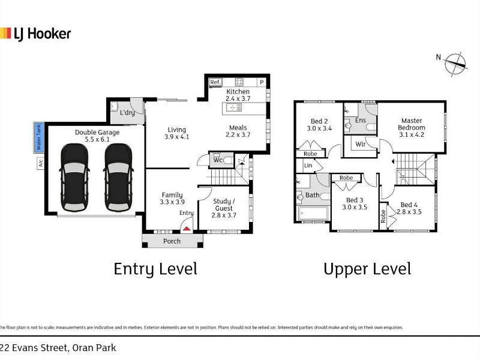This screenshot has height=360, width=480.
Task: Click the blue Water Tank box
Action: coord(39,137)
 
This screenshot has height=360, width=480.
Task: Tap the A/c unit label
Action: coord(40,163)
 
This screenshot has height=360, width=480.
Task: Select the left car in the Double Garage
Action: coord(74,178)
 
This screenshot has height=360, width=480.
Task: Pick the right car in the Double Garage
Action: coord(118,178)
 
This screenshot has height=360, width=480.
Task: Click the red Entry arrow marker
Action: coord(187,229)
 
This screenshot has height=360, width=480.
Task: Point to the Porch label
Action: coord(172,241)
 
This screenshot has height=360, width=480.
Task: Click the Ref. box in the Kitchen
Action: coord(215,82)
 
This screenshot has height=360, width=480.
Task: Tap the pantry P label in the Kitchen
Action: coord(262,82)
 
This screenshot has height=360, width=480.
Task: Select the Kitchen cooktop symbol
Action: coord(239,82)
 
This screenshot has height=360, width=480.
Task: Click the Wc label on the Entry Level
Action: coord(218,160)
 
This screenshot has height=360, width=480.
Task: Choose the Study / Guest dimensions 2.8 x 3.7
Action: coord(224,215)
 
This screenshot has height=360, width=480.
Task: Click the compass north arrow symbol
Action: coord(456,64)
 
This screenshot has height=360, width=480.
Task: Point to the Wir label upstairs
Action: coord(361,144)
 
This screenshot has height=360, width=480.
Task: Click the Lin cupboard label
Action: coord(308,166)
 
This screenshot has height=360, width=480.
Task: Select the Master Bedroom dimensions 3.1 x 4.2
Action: coord(412,134)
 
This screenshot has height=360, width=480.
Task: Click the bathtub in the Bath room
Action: coord(313,213)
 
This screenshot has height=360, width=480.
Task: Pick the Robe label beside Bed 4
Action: coord(383,217)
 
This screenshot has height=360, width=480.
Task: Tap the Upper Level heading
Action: coord(367,269)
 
